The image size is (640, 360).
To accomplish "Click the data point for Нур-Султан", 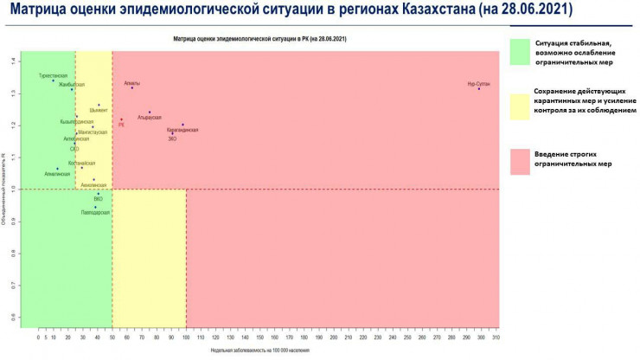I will point(478,89).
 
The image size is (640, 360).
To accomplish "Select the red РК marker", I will point(121,119).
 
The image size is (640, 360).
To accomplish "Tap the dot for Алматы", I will point(132,88).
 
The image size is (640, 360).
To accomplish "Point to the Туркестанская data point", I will point(53,80).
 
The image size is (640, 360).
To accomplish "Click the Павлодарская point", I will point(95,207).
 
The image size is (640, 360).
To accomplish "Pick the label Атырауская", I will point(150,117).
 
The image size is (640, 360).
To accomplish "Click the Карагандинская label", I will point(182,130).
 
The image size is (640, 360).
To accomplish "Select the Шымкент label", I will point(99,111).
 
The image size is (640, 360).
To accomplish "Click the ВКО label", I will point(98,199).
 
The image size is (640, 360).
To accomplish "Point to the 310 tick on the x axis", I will point(495,336).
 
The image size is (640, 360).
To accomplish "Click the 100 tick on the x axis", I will point(185,336).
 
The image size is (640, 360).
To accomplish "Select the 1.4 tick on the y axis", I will point(14,61).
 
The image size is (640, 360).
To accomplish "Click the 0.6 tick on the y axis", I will point(14,317).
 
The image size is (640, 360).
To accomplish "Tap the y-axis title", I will point(5,190).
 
